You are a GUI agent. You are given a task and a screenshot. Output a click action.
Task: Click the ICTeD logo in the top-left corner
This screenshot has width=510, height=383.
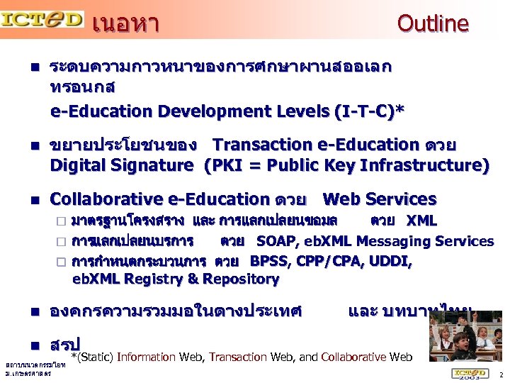click(x=42, y=19)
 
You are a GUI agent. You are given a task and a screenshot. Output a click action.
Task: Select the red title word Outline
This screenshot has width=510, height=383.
click(x=433, y=23)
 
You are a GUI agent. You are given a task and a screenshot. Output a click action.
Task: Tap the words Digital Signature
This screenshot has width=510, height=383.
click(x=121, y=166)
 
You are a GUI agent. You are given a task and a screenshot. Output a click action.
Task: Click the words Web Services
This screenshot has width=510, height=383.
click(x=380, y=199)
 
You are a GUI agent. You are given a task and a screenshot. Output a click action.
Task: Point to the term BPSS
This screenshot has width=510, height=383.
click(x=270, y=261)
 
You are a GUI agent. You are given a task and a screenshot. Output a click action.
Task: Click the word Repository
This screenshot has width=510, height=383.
click(x=244, y=279)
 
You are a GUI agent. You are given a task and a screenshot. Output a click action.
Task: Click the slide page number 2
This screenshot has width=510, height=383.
click(x=501, y=374)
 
